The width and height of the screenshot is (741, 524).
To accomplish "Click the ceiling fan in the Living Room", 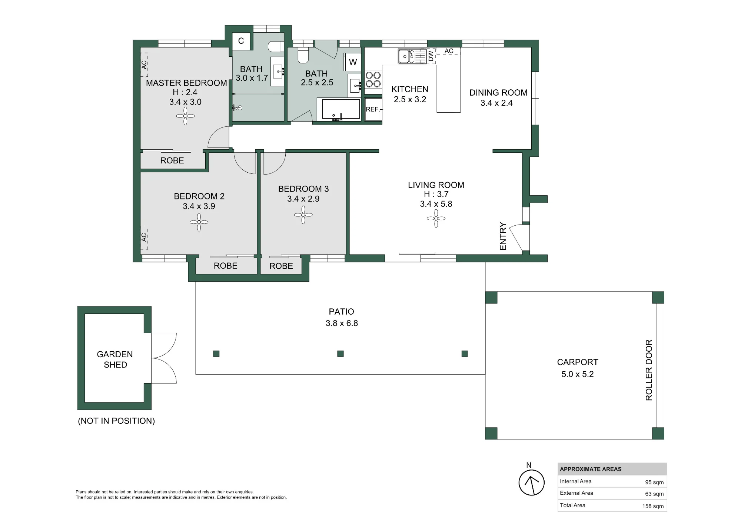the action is [436, 219].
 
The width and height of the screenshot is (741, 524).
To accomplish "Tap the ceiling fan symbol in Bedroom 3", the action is [303, 215].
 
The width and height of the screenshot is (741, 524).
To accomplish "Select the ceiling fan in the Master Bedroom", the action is [185, 116].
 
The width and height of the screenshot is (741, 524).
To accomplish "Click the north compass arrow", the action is [532, 482].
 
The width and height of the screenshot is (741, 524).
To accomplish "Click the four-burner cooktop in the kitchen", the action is [373, 80].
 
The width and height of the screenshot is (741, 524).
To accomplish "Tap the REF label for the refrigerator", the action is [372, 109].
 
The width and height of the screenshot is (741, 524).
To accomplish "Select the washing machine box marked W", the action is [353, 62].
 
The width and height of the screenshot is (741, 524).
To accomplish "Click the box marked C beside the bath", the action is [241, 41].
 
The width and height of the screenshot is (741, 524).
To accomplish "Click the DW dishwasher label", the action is [431, 56].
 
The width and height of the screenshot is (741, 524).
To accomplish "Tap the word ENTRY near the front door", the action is [503, 236].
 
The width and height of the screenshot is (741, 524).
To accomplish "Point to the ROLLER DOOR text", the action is [649, 370].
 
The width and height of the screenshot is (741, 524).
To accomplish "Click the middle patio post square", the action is [340, 354].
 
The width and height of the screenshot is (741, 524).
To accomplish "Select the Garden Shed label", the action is [115, 359].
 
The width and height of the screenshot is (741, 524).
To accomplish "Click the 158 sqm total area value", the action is [653, 506].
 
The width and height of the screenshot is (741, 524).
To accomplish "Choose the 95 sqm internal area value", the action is [654, 482].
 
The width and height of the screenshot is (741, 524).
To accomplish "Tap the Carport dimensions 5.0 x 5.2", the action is [577, 374].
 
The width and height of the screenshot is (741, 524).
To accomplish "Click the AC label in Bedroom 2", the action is [144, 237].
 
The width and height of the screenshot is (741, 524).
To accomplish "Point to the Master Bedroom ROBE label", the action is [172, 160].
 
